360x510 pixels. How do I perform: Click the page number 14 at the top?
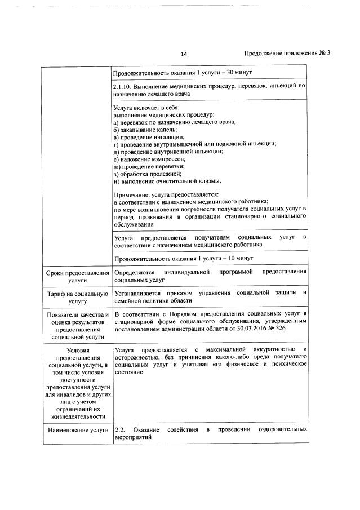[184, 54]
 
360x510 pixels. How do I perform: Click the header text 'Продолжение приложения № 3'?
[287, 54]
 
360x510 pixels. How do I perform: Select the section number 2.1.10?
[123, 86]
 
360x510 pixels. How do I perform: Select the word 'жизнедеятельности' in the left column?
[77, 416]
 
